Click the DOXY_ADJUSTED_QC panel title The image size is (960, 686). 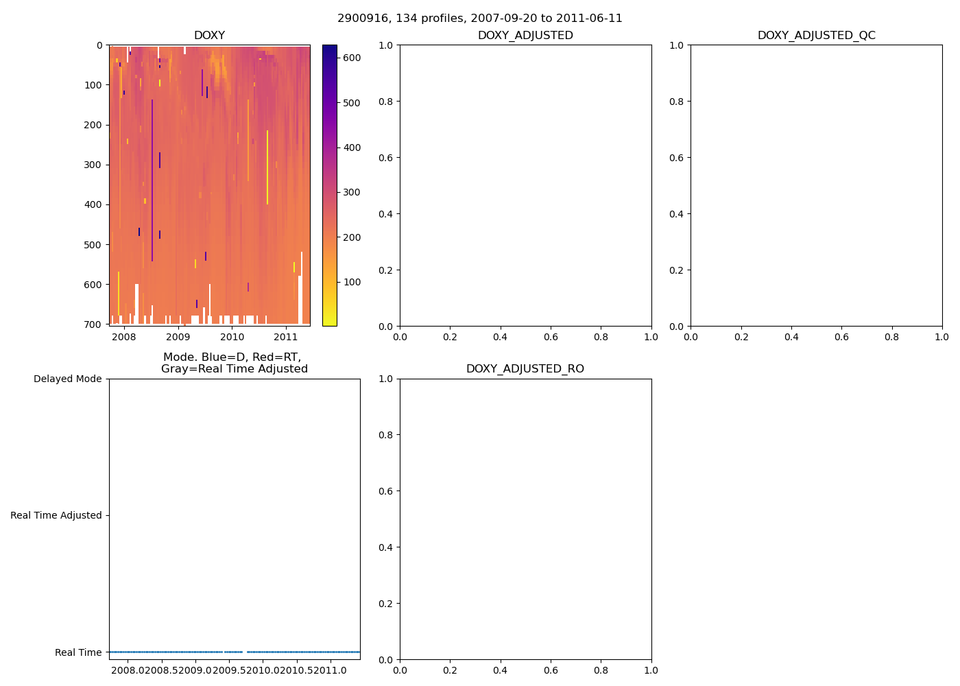coord(816,36)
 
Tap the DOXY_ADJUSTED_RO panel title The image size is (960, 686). coord(525,369)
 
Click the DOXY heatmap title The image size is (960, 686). coord(209,36)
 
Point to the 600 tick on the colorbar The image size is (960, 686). coord(352,58)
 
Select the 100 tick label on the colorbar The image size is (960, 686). coord(352,282)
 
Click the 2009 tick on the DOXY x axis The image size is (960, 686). coord(178,337)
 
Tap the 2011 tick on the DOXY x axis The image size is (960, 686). coord(286,337)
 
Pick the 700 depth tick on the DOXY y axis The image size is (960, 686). coord(95,324)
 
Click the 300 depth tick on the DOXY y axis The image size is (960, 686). coord(95,165)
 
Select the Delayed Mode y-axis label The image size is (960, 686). coord(67,379)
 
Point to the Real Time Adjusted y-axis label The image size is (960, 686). coord(56,516)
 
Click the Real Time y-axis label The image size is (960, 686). coord(78,652)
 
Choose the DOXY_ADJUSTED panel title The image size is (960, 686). coord(525,36)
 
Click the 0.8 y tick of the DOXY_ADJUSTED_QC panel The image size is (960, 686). coord(677,102)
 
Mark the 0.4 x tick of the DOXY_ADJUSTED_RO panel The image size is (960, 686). coord(501,670)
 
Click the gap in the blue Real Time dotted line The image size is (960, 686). coord(245,652)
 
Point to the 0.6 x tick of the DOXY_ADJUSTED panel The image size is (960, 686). coord(551,337)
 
